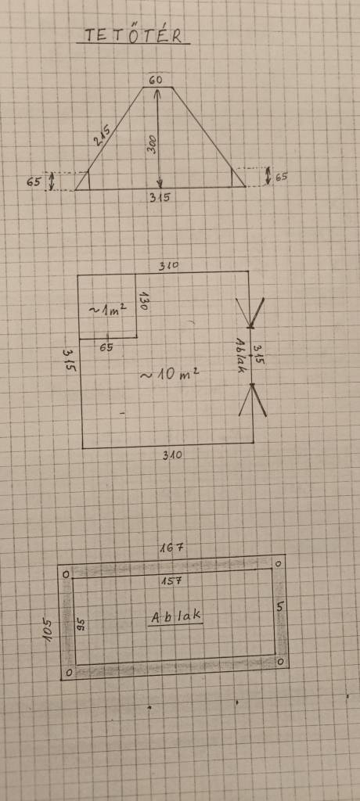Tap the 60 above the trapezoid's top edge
pos(156,80)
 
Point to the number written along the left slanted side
pos(102,135)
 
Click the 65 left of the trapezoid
pos(34,181)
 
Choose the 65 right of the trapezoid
pos(281,178)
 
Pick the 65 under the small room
pos(106,348)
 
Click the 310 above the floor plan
pos(168,266)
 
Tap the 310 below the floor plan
pos(172,454)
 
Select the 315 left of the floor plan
pos(70,360)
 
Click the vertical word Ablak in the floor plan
pos(240,355)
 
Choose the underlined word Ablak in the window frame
pos(175,616)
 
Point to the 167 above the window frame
pos(171,548)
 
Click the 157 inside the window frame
pos(172,581)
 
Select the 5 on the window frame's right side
pos(279,607)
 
